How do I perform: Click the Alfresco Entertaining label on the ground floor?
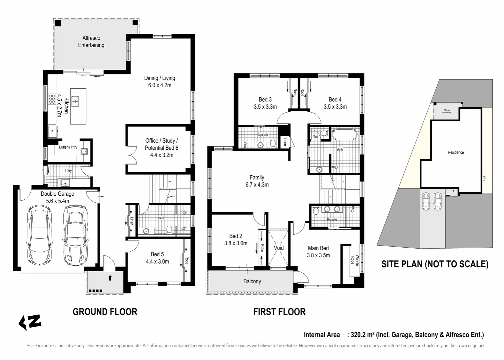[91, 42]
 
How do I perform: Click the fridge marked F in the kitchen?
[52, 132]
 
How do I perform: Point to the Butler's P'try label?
[68, 147]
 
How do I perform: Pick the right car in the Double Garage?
[76, 235]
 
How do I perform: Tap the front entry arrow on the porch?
[110, 277]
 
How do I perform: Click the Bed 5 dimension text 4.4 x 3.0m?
[157, 262]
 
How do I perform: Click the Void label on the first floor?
[278, 248]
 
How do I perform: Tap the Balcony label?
[252, 281]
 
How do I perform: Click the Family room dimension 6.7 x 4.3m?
[257, 185]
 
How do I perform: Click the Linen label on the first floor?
[284, 142]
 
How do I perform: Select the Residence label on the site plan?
[455, 152]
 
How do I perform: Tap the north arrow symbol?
[30, 322]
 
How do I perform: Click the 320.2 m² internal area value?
[361, 335]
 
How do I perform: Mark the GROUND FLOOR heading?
[105, 312]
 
